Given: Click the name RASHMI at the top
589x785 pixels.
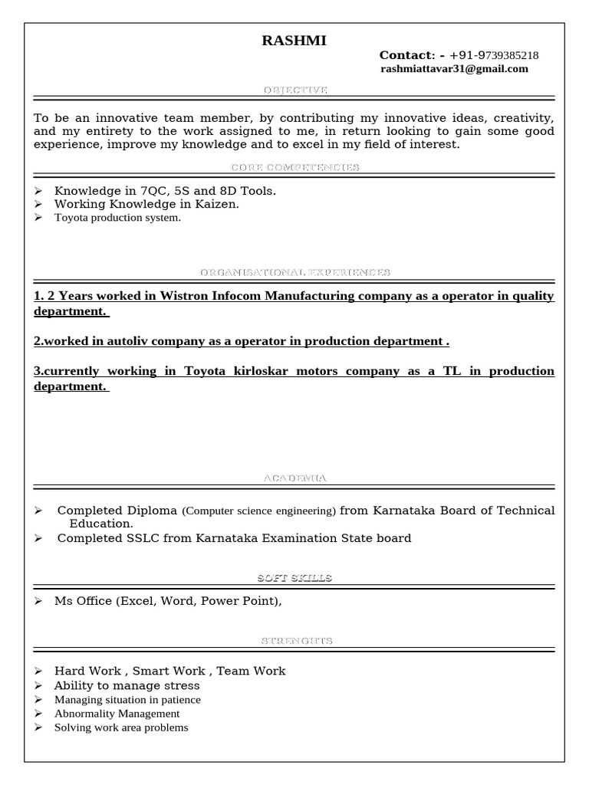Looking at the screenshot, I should tap(294, 41).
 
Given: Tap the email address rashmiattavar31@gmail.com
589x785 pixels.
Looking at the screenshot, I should tap(454, 69).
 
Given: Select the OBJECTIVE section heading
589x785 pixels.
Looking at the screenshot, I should tap(295, 90).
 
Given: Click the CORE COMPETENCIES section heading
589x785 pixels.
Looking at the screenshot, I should tap(295, 167).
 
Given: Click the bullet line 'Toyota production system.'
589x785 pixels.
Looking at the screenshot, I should tap(117, 218).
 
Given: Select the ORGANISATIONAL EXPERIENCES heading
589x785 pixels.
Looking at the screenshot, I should tap(295, 272).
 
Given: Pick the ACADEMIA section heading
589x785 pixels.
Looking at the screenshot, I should tap(295, 478).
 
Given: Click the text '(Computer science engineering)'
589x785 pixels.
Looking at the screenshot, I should tap(259, 511).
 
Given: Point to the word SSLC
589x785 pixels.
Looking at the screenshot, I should tap(143, 538).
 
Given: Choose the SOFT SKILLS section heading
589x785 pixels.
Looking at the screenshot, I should tap(295, 578).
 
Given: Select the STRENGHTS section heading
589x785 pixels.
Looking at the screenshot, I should tap(295, 641).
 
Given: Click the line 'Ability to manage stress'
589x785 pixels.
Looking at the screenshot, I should tap(127, 685).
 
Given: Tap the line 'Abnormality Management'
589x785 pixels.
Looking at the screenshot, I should tap(117, 714).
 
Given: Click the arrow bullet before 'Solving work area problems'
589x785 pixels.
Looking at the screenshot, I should tap(38, 728).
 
